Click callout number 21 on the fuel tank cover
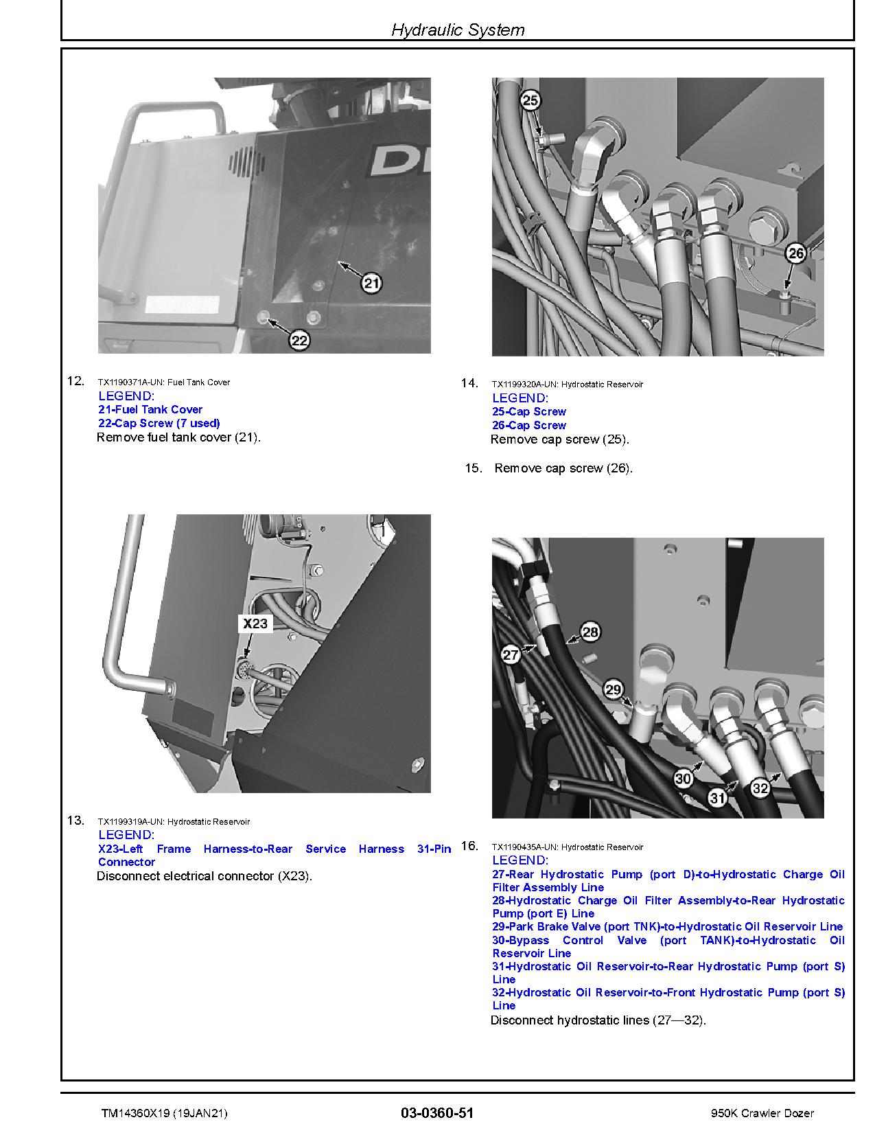tap(371, 283)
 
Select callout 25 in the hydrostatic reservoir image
tap(530, 101)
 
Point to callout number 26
tap(795, 253)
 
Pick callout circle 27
tap(511, 654)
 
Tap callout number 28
tap(590, 632)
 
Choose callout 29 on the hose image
tap(613, 689)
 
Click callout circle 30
tap(683, 779)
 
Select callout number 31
tap(717, 797)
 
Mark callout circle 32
tap(760, 788)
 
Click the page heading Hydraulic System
tap(458, 30)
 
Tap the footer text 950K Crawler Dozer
tap(763, 1113)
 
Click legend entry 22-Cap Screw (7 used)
tap(159, 423)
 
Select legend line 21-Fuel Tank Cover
tap(150, 409)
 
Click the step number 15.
tap(473, 468)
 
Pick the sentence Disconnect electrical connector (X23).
tap(205, 876)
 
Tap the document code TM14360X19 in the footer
tap(134, 1113)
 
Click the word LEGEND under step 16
tap(520, 860)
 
